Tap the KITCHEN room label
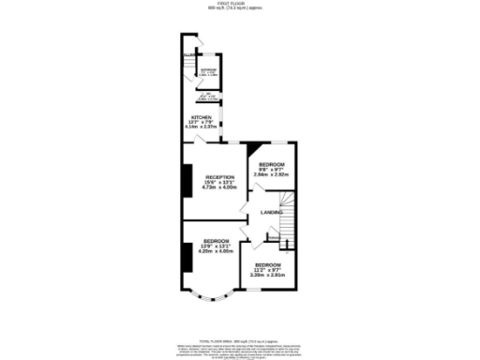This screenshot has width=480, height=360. (203, 117)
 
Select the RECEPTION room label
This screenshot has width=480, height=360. (219, 177)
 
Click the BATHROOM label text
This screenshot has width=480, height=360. (208, 68)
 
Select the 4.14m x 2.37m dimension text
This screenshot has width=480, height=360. (203, 127)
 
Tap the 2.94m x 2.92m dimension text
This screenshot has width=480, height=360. (272, 173)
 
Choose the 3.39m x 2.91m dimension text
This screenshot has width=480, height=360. (268, 275)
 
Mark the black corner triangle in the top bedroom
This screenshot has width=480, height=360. (254, 148)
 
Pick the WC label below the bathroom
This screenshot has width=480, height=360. (208, 96)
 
